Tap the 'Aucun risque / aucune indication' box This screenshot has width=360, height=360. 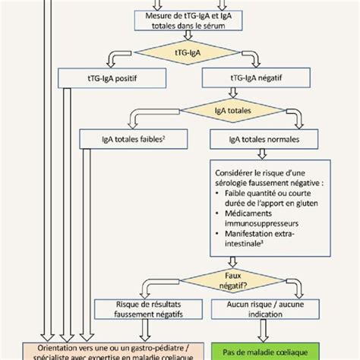[261, 308]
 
